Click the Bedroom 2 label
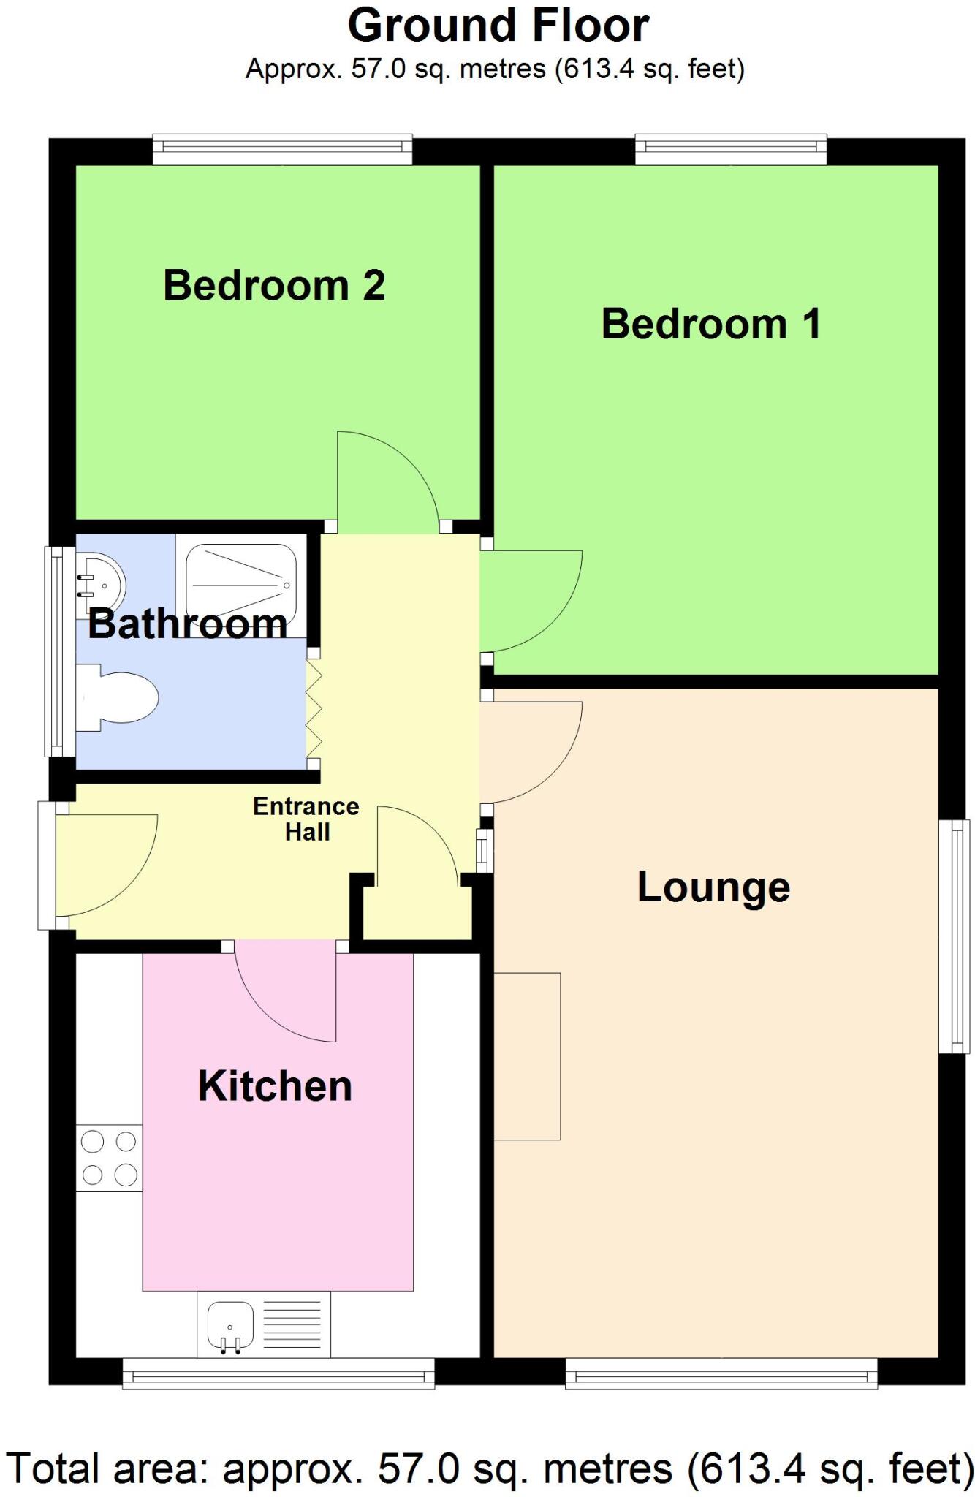(x=274, y=285)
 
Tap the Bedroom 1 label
(x=710, y=324)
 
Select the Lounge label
(x=713, y=887)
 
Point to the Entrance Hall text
(x=306, y=819)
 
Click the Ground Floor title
(x=498, y=26)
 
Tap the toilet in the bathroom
(x=121, y=697)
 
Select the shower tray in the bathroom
(x=240, y=581)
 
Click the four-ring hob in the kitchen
(x=109, y=1158)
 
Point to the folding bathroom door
(x=314, y=709)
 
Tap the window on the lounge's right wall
(x=954, y=936)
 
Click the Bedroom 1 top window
(x=731, y=150)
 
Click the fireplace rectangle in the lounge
(x=527, y=1056)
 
